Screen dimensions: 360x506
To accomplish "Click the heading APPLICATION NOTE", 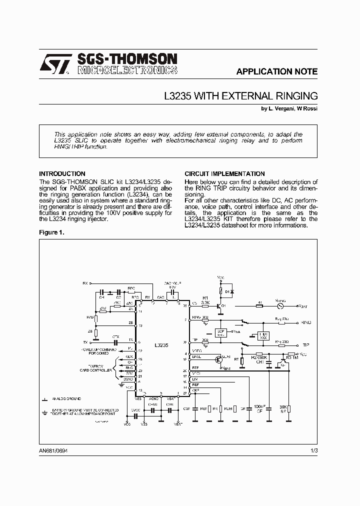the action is pyautogui.click(x=276, y=71).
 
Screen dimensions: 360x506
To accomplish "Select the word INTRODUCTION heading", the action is pyautogui.click(x=62, y=174).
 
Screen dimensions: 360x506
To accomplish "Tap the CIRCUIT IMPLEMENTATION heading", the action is pyautogui.click(x=224, y=174).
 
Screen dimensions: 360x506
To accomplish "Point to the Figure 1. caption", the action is pyautogui.click(x=51, y=232).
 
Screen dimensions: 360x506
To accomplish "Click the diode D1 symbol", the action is pyautogui.click(x=230, y=290).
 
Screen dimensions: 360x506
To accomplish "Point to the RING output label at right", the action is pyautogui.click(x=306, y=323).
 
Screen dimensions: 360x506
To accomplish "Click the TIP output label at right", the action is pyautogui.click(x=305, y=345).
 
